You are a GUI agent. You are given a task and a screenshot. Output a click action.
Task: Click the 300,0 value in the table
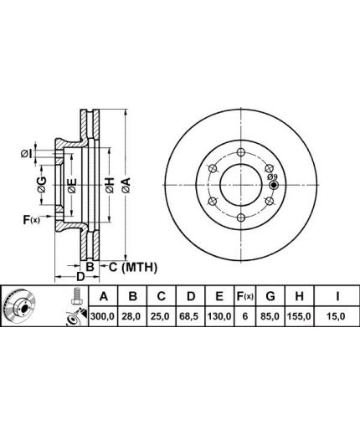tap(103, 316)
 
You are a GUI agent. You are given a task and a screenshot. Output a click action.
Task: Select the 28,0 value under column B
tap(132, 316)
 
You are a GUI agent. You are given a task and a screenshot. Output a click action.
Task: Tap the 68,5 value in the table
tap(191, 316)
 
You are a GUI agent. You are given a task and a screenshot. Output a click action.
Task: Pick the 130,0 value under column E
tap(219, 316)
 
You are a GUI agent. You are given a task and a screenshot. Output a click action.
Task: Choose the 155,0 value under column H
tap(299, 316)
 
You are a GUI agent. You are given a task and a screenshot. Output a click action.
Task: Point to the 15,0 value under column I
tap(337, 316)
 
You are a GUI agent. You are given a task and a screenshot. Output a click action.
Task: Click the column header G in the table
tap(270, 296)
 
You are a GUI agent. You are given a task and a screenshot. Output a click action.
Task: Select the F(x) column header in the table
tap(245, 296)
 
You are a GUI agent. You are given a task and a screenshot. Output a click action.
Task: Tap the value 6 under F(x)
tap(245, 316)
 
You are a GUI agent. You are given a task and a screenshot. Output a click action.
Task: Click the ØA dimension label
tap(126, 185)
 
